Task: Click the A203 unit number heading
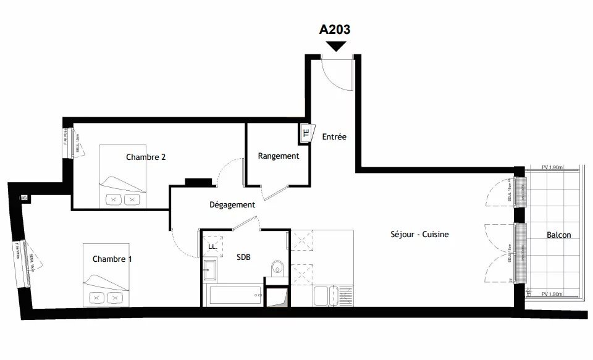click(x=335, y=29)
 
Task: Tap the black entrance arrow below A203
click(x=336, y=46)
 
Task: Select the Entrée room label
click(x=334, y=136)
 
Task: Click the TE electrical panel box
click(x=305, y=132)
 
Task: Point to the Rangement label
click(x=278, y=156)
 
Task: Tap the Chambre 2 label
click(x=146, y=157)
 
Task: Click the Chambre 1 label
click(x=112, y=259)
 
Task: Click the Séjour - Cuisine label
click(x=419, y=235)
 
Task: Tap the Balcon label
click(x=558, y=235)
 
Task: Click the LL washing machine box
click(x=212, y=246)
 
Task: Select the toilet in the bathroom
click(x=277, y=267)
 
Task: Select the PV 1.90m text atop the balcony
click(x=551, y=167)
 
